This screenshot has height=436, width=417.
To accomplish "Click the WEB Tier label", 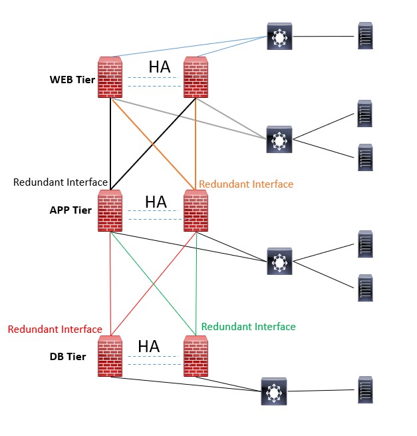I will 72,80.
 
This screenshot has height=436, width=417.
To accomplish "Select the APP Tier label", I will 70,210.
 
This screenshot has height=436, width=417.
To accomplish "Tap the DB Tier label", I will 68,357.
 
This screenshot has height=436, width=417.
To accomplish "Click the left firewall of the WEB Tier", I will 110,78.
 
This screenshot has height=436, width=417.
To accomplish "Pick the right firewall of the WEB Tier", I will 196,78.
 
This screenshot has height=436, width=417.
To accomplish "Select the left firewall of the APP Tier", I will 110,211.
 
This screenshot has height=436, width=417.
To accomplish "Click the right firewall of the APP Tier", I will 196,211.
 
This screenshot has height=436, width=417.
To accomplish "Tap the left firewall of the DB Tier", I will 110,356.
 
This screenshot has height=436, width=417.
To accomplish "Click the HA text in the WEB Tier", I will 159,67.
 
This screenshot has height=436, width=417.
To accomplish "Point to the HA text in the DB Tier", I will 148,347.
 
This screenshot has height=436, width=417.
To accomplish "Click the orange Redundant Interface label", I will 245,184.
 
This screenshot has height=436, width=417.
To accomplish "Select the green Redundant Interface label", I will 248,327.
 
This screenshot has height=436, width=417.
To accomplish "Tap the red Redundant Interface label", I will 55,329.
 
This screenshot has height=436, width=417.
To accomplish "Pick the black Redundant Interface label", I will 61,182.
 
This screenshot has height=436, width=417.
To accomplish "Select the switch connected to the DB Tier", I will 273,392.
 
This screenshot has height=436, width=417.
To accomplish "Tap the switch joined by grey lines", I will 279,139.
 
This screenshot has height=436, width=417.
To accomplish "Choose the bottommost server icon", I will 364,390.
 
